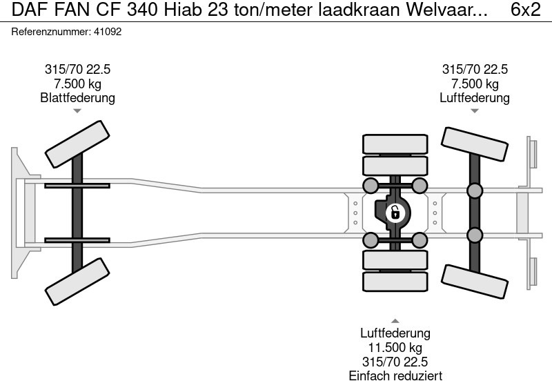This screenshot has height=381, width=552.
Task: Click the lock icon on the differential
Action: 395,212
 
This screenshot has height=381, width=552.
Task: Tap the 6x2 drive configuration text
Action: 525,10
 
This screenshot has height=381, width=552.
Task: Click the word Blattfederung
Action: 77,98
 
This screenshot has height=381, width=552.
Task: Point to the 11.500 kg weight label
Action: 395,347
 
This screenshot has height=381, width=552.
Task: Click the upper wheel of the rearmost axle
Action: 475,147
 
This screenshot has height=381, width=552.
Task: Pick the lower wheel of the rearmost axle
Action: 475,280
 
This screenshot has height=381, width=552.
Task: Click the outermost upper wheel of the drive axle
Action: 395,144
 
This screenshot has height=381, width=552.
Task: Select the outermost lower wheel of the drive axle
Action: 395,281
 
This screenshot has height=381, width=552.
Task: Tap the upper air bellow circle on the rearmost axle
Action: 475,190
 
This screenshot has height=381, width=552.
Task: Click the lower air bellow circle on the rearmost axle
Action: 475,235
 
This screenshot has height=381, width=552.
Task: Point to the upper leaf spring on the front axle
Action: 77,185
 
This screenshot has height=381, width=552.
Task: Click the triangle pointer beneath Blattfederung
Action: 77,111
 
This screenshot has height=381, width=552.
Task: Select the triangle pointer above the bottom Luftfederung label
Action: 395,320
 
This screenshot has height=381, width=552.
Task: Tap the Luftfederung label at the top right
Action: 475,98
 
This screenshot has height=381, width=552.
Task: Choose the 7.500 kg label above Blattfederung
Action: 77,84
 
